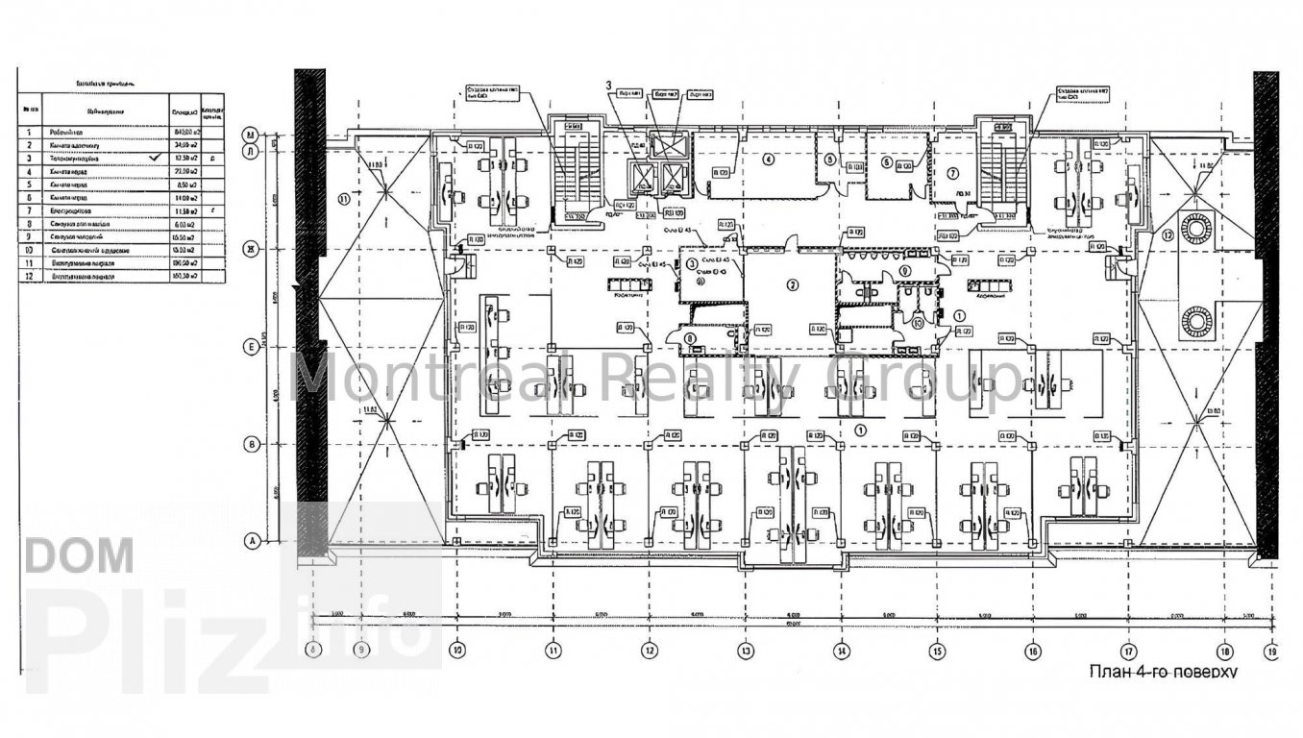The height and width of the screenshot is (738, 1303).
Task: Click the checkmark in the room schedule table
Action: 156,156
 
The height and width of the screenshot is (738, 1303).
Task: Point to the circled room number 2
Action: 793,284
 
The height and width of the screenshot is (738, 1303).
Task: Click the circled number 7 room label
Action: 952,174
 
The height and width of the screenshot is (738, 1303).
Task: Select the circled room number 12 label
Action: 1168,234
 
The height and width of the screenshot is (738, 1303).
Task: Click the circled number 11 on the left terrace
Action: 343,200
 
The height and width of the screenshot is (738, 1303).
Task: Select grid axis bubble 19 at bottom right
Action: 1272,650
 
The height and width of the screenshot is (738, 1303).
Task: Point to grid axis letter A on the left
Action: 253,542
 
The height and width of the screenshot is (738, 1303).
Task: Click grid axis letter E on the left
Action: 251,347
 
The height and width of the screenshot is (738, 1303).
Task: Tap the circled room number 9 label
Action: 906,271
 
